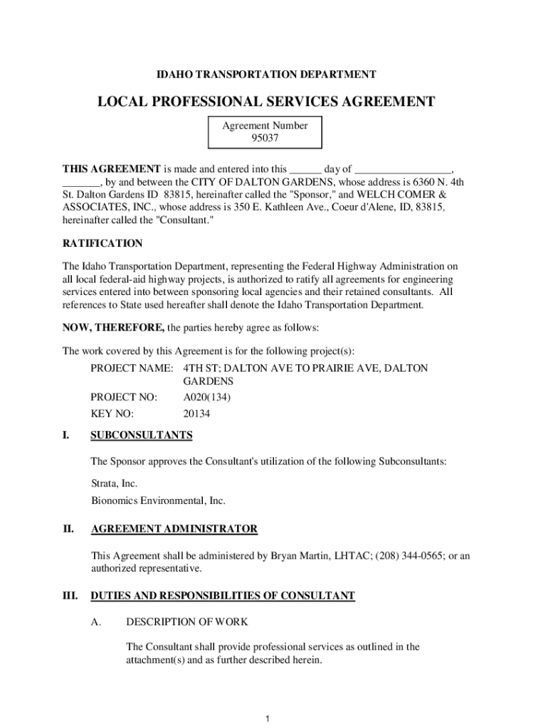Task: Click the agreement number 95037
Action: pyautogui.click(x=264, y=138)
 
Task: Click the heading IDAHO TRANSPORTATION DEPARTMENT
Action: pyautogui.click(x=266, y=75)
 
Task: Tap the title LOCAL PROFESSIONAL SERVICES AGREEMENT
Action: pyautogui.click(x=265, y=102)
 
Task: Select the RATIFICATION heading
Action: pyautogui.click(x=102, y=243)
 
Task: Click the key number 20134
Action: pyautogui.click(x=196, y=414)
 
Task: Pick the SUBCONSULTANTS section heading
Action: pyautogui.click(x=142, y=435)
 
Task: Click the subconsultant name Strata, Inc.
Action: pyautogui.click(x=114, y=483)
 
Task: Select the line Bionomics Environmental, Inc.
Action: pyautogui.click(x=158, y=500)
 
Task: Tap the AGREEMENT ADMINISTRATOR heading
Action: pyautogui.click(x=174, y=529)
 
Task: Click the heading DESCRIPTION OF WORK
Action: pyautogui.click(x=186, y=622)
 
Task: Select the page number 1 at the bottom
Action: pyautogui.click(x=266, y=719)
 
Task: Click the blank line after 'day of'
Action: pyautogui.click(x=402, y=169)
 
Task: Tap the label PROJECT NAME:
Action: pyautogui.click(x=132, y=368)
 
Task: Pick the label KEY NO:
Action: pyautogui.click(x=112, y=414)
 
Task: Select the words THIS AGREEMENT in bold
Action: pyautogui.click(x=112, y=169)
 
